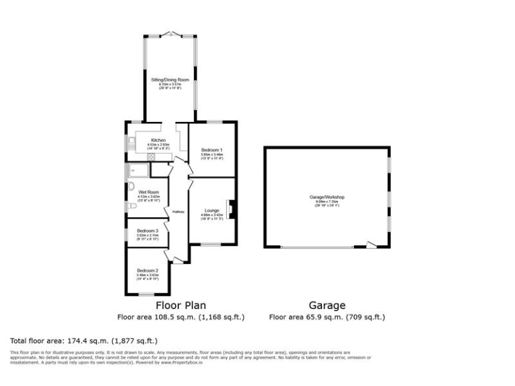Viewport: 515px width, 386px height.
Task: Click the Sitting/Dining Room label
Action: (170, 79)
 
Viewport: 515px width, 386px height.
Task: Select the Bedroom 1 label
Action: (212, 150)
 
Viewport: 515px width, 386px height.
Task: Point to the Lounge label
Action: (212, 210)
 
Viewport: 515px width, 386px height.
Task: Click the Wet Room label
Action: (148, 192)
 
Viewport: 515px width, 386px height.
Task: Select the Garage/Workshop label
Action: (327, 197)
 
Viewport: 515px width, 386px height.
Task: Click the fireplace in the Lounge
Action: (231, 210)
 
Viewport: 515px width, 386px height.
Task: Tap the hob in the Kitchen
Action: (152, 157)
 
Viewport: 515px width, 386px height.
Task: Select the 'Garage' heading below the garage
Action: (327, 305)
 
